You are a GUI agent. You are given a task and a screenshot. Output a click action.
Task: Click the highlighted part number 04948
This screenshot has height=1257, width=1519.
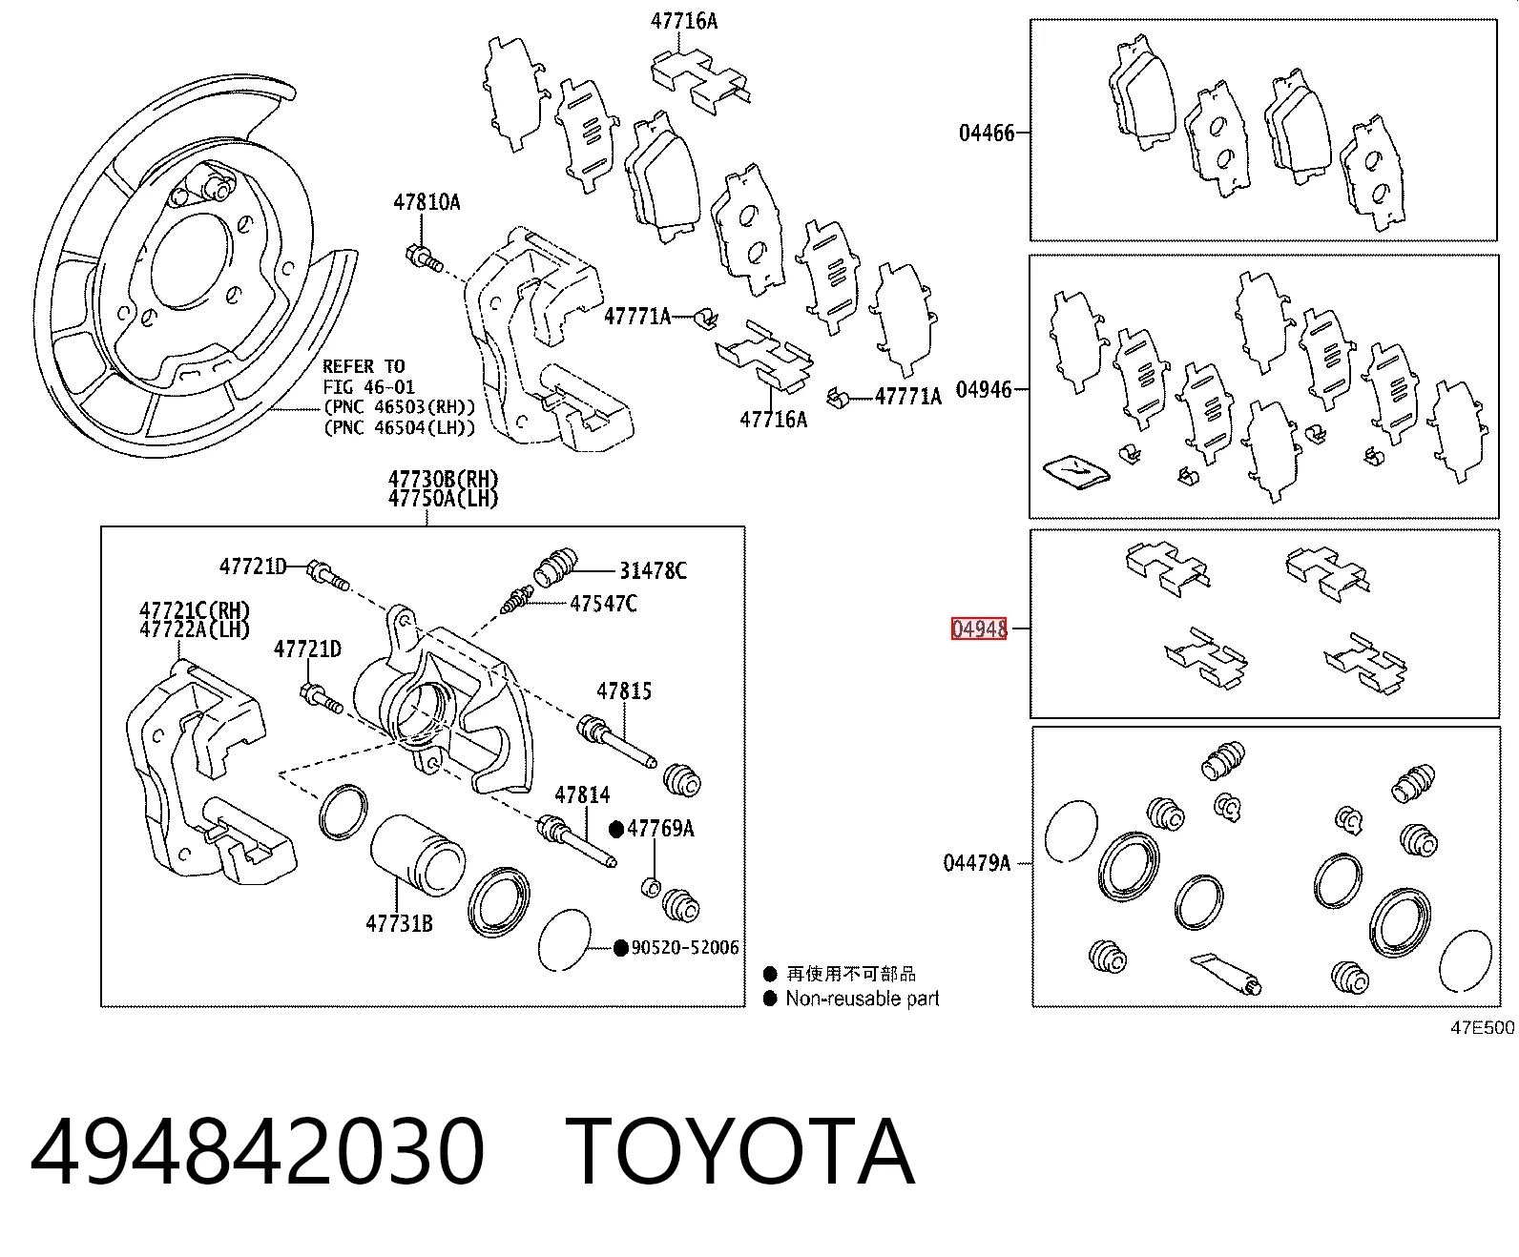(x=979, y=628)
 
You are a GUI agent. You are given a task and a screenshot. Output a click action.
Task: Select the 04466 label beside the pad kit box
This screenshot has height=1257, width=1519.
(x=987, y=134)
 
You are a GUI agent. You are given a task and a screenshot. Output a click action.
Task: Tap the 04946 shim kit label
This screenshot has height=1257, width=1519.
(x=984, y=390)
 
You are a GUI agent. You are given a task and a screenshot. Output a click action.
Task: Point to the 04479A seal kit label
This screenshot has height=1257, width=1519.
(x=977, y=863)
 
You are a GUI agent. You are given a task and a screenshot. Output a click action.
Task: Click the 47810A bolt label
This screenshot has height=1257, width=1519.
(x=427, y=202)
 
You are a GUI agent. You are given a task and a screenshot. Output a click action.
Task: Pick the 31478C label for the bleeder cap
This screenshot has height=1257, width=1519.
(x=653, y=571)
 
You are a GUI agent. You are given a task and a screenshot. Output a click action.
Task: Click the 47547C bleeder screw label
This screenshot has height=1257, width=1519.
(x=603, y=604)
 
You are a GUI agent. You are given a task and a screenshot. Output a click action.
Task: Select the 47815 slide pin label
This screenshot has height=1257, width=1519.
(x=624, y=691)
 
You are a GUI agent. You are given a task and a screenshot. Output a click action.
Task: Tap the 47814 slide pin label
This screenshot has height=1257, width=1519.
(x=582, y=794)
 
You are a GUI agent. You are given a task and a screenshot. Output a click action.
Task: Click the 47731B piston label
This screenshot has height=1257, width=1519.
(x=400, y=924)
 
